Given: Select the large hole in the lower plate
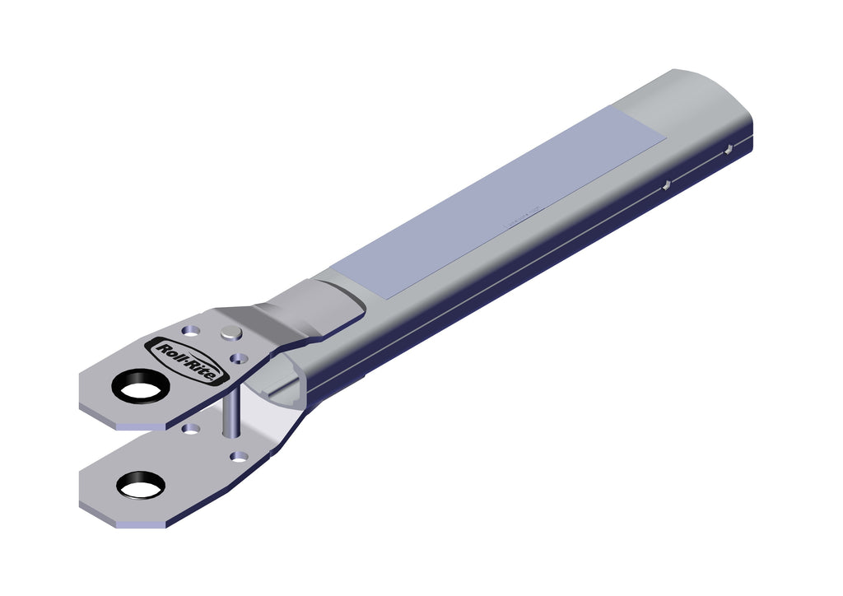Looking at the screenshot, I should click(140, 484).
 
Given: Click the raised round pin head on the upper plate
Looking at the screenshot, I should click(231, 333).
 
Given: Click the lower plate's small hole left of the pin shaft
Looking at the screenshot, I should click(191, 429).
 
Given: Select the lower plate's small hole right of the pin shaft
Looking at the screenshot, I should click(239, 456).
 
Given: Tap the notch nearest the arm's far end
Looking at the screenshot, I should click(728, 149).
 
